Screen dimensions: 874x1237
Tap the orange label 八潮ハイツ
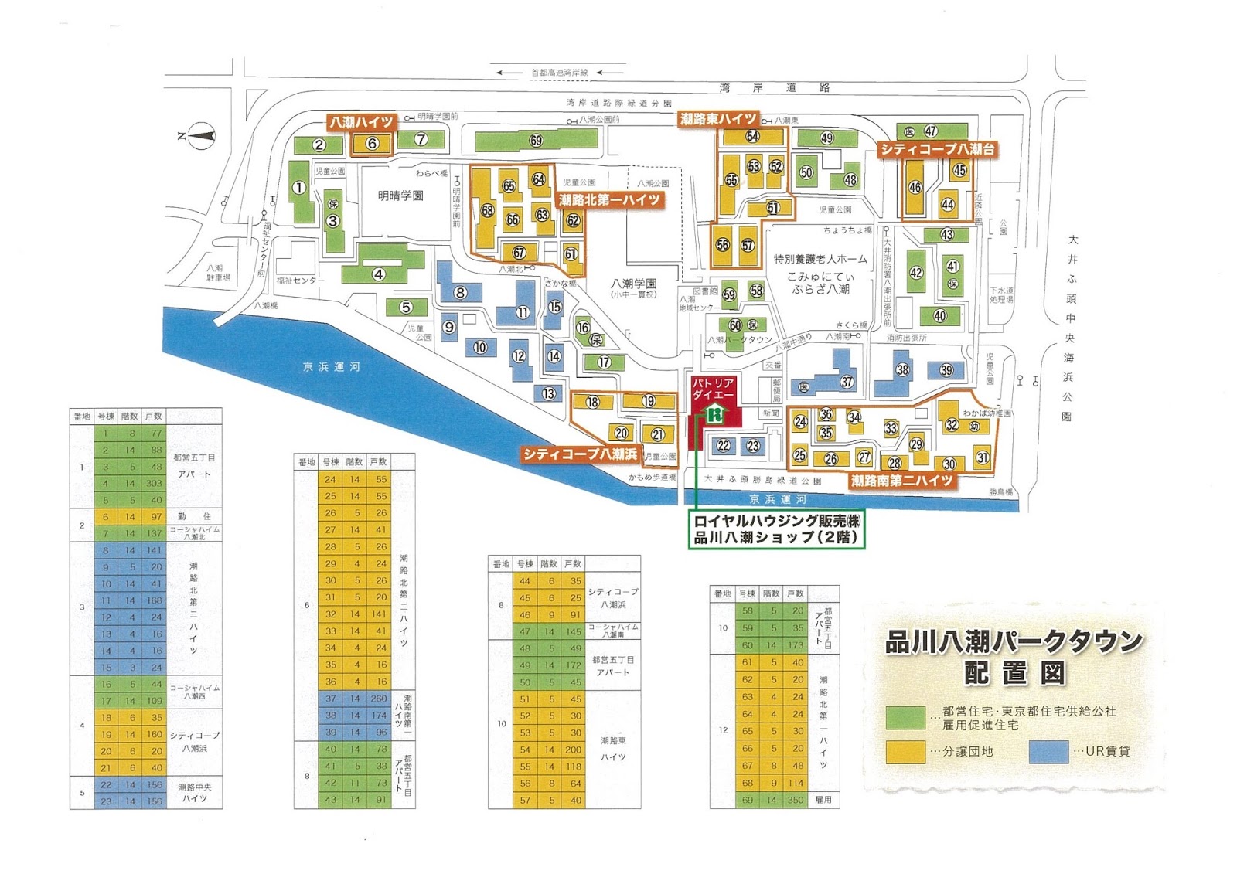[x=362, y=122]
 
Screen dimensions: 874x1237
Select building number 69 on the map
[x=536, y=141]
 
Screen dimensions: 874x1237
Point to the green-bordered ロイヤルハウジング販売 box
[x=776, y=529]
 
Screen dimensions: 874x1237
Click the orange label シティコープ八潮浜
[x=580, y=454]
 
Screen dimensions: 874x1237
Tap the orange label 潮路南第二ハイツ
[x=902, y=481]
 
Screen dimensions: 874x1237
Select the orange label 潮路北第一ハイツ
[x=610, y=200]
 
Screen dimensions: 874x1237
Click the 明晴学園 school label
[x=400, y=196]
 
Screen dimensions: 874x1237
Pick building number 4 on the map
[x=379, y=274]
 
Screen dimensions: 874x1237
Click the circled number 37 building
[x=847, y=382]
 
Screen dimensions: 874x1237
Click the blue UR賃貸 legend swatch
[x=1048, y=751]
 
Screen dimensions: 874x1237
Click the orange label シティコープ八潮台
[x=937, y=149]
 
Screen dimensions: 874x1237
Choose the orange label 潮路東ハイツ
[x=717, y=119]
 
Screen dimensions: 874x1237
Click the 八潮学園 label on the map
[x=633, y=284]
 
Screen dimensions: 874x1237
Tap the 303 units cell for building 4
[x=154, y=483]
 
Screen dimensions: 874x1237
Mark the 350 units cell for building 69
[x=796, y=801]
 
